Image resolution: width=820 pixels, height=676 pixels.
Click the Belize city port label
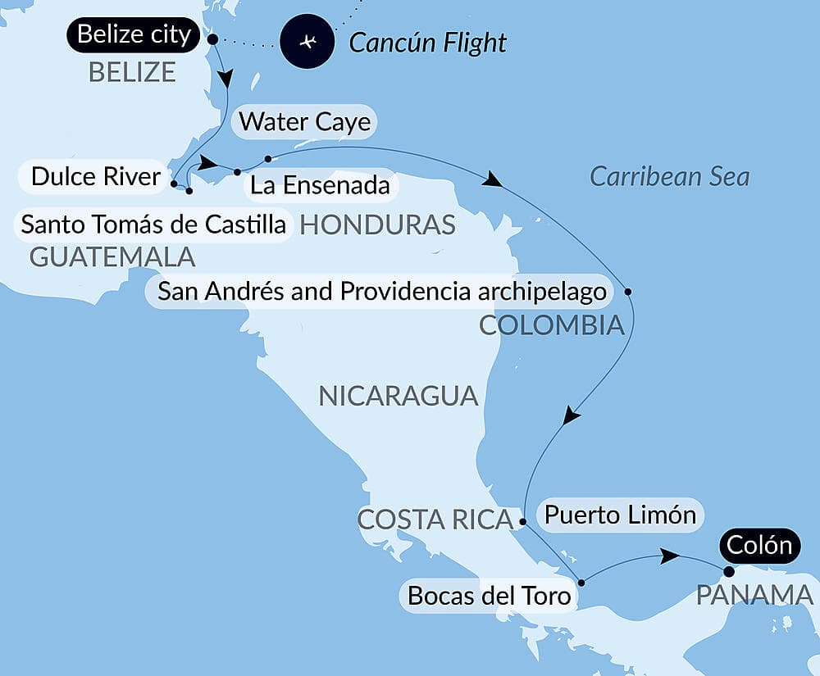tap(134, 36)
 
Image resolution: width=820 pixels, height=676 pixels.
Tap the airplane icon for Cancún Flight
tap(307, 42)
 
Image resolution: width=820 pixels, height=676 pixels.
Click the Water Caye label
tap(305, 123)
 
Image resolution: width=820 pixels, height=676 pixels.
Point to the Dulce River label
tap(95, 176)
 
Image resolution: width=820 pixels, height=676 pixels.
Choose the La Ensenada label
tap(320, 185)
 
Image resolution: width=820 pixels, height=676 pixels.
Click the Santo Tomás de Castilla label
tap(153, 224)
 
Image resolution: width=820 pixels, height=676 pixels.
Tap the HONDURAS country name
tap(377, 225)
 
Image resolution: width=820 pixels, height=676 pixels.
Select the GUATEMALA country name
tap(112, 257)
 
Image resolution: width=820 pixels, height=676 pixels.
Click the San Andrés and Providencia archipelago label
tap(382, 291)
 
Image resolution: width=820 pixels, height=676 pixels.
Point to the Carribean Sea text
tap(670, 176)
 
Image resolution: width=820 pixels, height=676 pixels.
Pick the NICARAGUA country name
tap(398, 397)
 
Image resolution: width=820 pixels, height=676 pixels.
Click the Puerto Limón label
tap(620, 515)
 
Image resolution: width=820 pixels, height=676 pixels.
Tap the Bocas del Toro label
tap(489, 596)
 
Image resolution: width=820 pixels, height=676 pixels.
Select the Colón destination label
tap(758, 545)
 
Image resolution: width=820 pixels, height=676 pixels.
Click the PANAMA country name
tap(754, 596)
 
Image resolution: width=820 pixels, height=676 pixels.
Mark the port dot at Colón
tap(728, 571)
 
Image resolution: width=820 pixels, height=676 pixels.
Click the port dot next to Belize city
tap(212, 39)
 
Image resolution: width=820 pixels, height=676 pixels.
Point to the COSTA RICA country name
tap(435, 519)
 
